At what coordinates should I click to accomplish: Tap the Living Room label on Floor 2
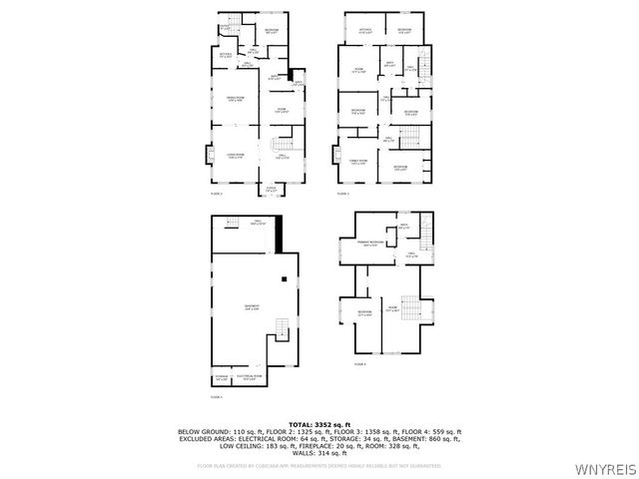pos(236,156)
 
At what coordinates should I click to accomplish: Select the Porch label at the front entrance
pos(272,189)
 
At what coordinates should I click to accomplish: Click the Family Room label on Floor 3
pos(355,162)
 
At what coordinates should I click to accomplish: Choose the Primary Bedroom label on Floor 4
pos(370,243)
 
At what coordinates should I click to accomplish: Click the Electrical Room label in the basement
pos(249,377)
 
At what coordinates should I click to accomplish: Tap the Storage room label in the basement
pos(222,377)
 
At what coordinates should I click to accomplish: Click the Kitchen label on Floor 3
pos(364,31)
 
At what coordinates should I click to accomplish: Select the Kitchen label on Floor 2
pos(226,55)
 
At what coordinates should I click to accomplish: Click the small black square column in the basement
pos(285,278)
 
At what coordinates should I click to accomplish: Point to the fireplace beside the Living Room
pos(209,155)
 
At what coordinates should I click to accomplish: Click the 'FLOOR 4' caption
pos(359,364)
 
